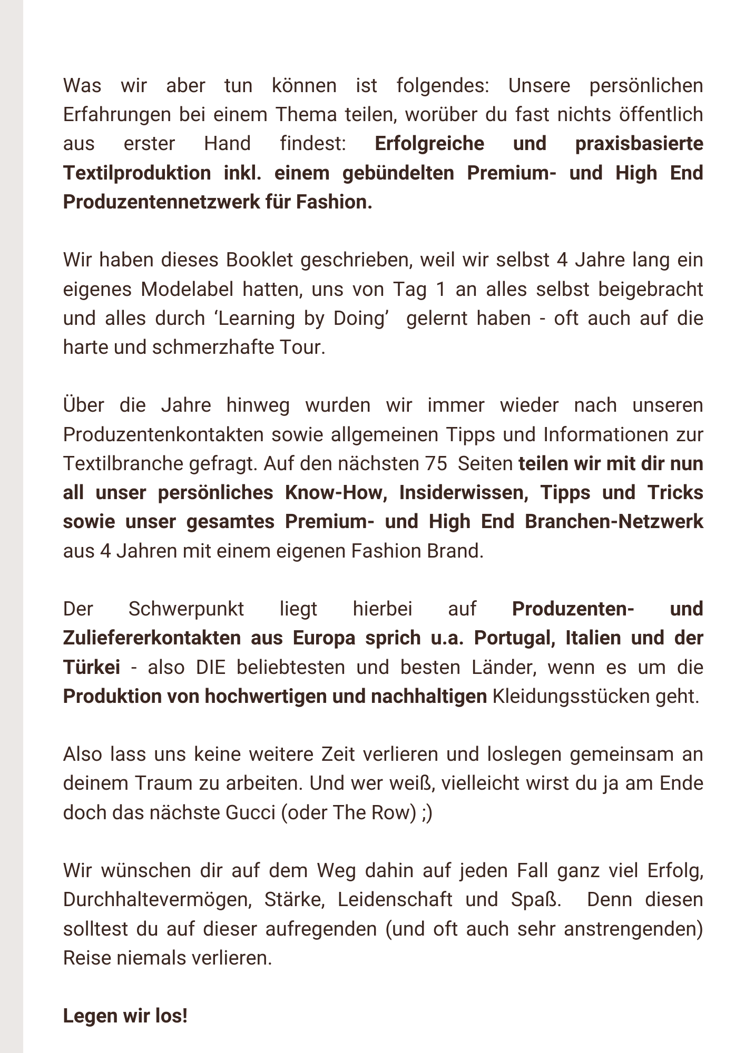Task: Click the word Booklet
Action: pyautogui.click(x=260, y=260)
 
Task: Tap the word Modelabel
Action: pyautogui.click(x=187, y=289)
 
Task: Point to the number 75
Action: pyautogui.click(x=435, y=464)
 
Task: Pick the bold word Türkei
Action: pyautogui.click(x=91, y=667)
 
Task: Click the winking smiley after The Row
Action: pyautogui.click(x=427, y=812)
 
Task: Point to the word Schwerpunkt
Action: pyautogui.click(x=186, y=609)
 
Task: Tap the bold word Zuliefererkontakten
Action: pyautogui.click(x=152, y=638)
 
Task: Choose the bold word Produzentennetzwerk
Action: pyautogui.click(x=173, y=202)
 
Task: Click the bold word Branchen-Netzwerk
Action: pyautogui.click(x=614, y=522)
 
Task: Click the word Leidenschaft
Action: pyautogui.click(x=395, y=899)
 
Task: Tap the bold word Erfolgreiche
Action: pyautogui.click(x=429, y=144)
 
